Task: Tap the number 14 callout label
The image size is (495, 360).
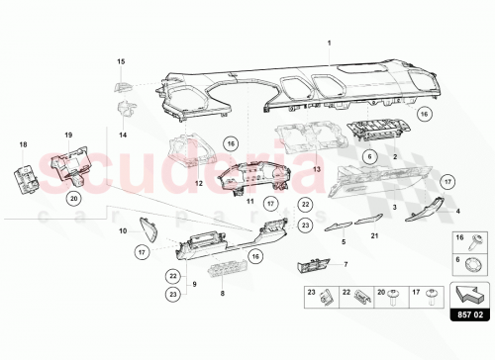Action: tap(123, 134)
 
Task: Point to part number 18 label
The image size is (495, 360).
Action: tap(23, 144)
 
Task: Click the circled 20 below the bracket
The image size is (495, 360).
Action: tap(75, 198)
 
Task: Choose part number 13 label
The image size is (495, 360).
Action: tap(289, 170)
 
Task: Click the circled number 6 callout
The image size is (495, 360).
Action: tap(368, 157)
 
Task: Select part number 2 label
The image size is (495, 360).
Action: tap(396, 157)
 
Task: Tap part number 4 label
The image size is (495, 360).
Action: tap(457, 212)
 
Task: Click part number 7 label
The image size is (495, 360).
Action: tap(346, 264)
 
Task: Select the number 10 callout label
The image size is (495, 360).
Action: tap(123, 230)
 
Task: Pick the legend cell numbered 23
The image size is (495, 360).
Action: tap(316, 294)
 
